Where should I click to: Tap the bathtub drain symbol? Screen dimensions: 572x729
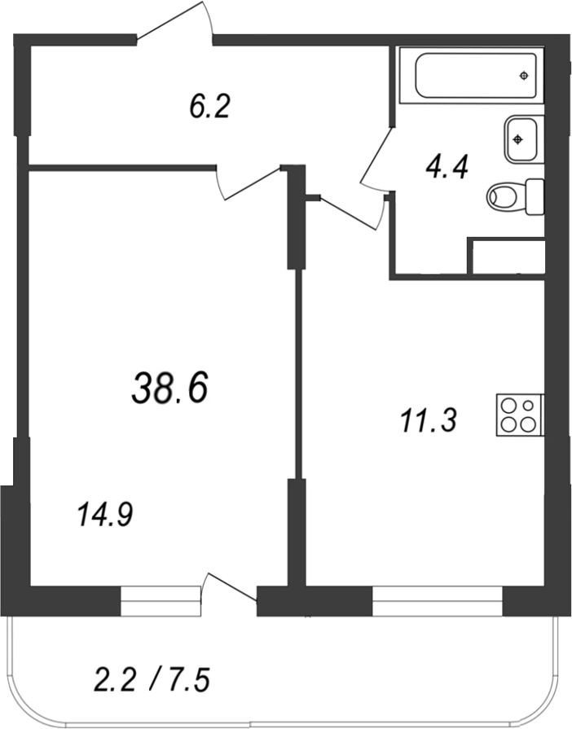[524, 75]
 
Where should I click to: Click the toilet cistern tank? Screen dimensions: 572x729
[535, 196]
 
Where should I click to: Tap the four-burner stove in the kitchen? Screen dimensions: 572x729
[520, 415]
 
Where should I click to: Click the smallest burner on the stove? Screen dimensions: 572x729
[528, 406]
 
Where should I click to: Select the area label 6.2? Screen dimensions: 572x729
[209, 107]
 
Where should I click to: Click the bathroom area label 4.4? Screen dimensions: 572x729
[447, 167]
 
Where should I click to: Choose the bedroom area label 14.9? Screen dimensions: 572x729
[106, 515]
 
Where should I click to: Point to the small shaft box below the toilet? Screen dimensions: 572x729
[507, 256]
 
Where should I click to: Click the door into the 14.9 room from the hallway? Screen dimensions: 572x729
[249, 182]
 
